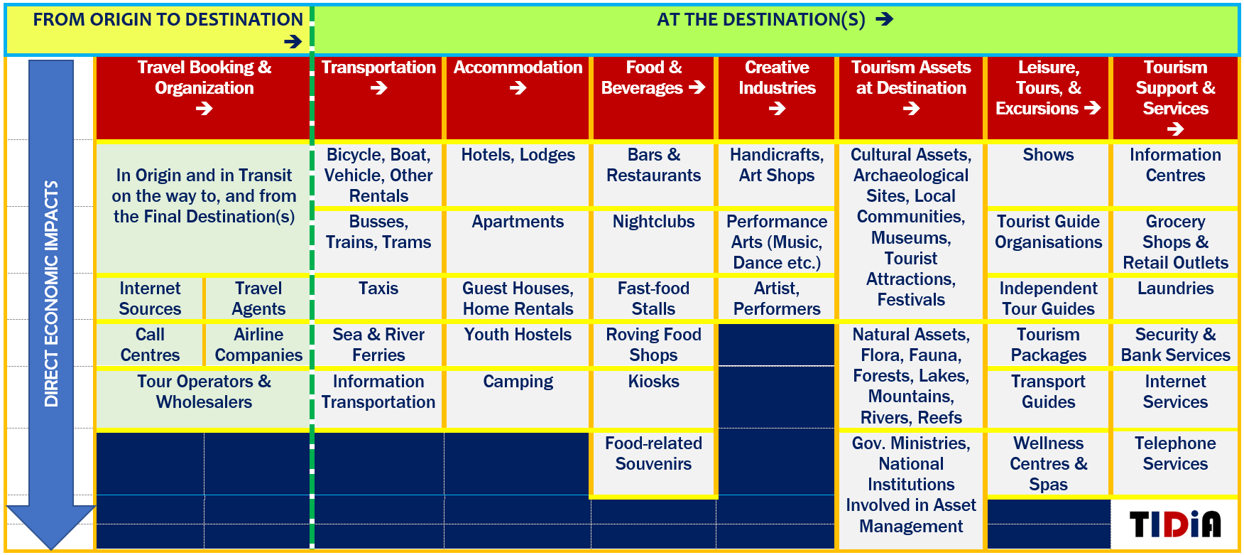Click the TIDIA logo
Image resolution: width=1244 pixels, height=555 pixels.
coord(1175,524)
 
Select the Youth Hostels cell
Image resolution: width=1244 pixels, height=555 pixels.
coord(518,345)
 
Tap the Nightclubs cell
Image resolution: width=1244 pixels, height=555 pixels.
coord(653,242)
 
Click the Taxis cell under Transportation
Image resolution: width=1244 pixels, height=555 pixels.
coord(378,298)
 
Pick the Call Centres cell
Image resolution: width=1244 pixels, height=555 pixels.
coord(150,345)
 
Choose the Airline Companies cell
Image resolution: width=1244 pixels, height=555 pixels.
coord(258,345)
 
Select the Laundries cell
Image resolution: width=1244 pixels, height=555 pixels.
coord(1175,298)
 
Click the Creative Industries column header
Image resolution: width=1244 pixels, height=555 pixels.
coord(777,97)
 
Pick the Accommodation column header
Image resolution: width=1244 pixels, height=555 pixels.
coord(518,97)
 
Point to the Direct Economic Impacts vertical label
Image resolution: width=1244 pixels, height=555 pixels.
coord(51,293)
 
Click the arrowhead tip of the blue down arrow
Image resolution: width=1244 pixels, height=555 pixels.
coord(51,549)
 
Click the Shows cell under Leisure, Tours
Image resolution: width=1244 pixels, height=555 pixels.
coord(1048,175)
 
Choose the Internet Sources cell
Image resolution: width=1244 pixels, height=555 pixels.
coord(150,298)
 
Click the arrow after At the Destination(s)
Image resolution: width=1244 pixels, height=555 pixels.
coord(884,19)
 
